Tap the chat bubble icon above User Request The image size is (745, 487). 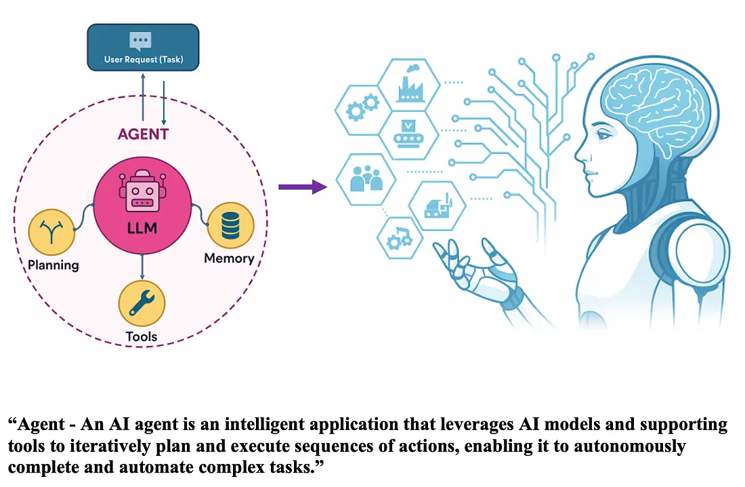[x=141, y=40]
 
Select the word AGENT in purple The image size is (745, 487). [x=143, y=133]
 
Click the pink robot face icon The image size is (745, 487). [x=142, y=192]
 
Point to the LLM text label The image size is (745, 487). [x=142, y=228]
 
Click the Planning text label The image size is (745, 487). [x=54, y=265]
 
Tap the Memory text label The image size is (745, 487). [x=229, y=258]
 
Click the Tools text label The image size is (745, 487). [x=142, y=337]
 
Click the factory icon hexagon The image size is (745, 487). [x=409, y=85]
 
